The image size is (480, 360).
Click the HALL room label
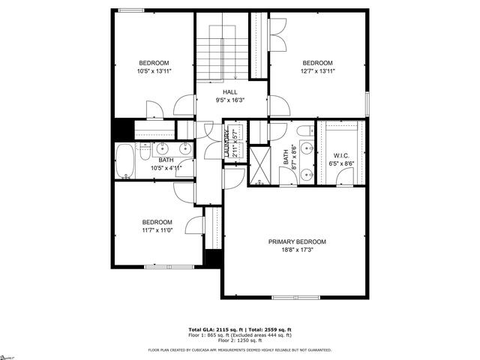tap(230, 91)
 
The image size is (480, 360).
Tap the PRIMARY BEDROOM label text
tap(298, 241)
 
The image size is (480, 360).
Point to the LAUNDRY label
tap(226, 142)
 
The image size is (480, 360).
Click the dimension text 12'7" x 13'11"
tap(318, 71)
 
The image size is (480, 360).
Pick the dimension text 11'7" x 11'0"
tap(157, 231)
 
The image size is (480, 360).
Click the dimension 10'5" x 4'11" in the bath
tap(166, 168)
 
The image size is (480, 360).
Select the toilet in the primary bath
tap(304, 133)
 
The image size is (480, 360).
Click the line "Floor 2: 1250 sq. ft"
tap(240, 341)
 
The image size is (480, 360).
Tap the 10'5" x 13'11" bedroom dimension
tap(154, 71)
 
